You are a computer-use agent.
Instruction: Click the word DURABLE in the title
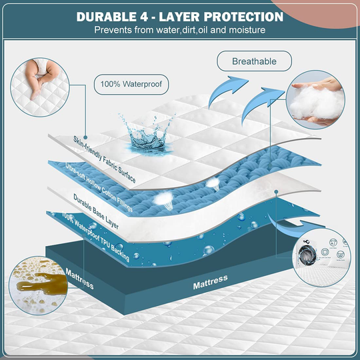click(x=107, y=17)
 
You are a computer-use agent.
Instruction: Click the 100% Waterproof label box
click(x=131, y=85)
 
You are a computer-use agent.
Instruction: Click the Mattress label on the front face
click(x=210, y=281)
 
